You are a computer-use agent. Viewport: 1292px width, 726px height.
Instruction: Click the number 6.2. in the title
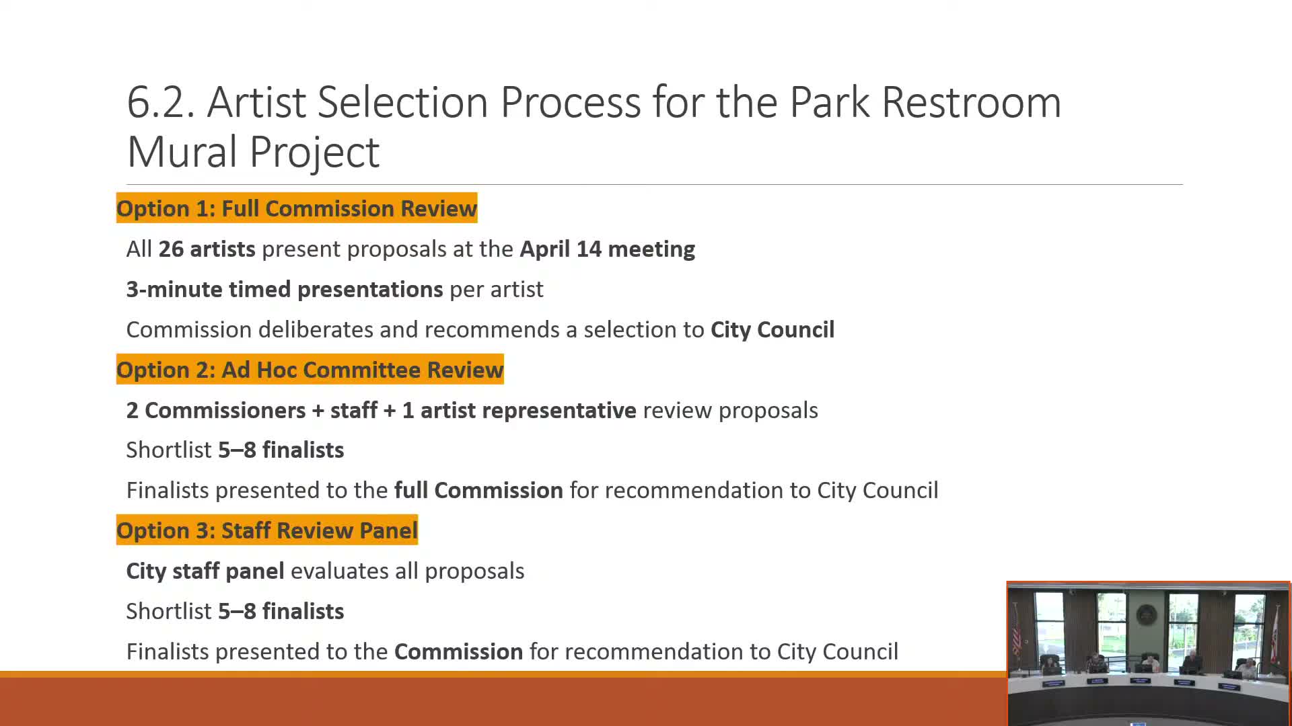coord(161,103)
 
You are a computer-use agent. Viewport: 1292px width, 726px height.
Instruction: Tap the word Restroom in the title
coord(971,103)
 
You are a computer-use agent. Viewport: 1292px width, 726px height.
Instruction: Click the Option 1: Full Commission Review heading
coord(297,208)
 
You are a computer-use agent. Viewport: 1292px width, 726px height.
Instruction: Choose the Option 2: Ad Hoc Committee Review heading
coord(310,370)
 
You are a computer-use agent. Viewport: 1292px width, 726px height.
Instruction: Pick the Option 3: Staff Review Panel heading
coord(267,530)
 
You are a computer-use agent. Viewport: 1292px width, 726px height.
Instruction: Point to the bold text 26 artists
coord(207,249)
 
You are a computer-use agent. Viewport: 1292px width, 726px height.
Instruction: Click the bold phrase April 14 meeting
coord(608,249)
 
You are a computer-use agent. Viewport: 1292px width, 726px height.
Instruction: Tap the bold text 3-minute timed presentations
coord(285,289)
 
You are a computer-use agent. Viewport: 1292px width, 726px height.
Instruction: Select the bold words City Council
coord(773,329)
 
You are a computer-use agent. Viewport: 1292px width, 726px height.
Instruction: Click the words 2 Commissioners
coord(216,410)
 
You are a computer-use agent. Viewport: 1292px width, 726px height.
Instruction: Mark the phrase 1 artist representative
coord(519,410)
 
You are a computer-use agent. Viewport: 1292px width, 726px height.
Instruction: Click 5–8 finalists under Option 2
coord(281,450)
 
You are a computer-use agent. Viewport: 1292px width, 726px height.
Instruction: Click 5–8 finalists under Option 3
coord(281,611)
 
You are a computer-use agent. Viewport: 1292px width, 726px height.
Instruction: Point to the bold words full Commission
coord(478,490)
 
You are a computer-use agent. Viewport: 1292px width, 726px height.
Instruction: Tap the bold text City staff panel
coord(205,571)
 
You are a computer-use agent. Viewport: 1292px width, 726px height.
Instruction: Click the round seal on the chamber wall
coord(1146,614)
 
